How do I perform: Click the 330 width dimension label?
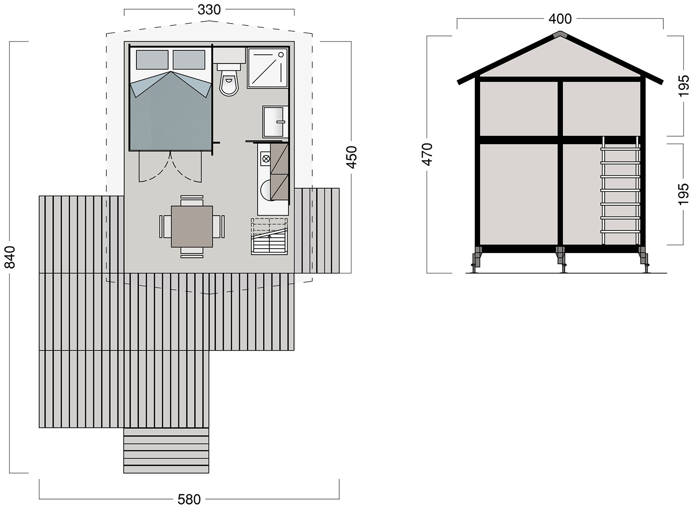(x=209, y=10)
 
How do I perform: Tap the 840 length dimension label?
(x=10, y=257)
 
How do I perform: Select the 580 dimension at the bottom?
(x=189, y=499)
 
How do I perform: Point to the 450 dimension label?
(x=351, y=157)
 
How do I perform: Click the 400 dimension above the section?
(x=560, y=19)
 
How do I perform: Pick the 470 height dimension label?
(x=427, y=154)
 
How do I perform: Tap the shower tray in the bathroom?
(x=268, y=68)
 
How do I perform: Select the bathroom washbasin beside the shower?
(x=274, y=122)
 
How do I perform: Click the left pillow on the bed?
(x=152, y=59)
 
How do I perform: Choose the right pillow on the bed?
(x=189, y=59)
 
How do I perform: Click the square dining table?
(x=192, y=227)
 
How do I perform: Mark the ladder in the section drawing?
(x=620, y=191)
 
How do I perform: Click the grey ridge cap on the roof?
(x=560, y=34)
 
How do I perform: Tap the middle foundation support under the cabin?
(x=561, y=259)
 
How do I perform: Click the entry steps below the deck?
(x=166, y=450)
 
